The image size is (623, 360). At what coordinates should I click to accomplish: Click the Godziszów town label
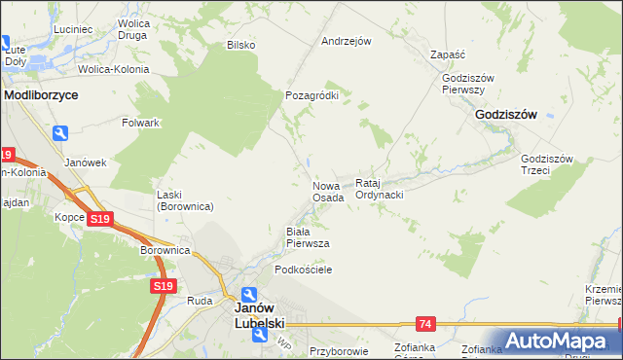(x=506, y=114)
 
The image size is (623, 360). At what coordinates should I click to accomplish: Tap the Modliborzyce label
(x=41, y=96)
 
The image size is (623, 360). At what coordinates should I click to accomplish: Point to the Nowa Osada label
(x=328, y=191)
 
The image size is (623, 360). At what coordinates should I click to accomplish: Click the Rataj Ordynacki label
(x=379, y=189)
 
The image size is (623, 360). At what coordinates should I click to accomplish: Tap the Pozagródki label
(x=311, y=96)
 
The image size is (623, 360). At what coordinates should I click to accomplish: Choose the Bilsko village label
(x=240, y=45)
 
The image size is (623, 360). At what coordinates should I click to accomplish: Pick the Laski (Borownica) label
(x=185, y=200)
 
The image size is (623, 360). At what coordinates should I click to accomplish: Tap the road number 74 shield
(x=424, y=322)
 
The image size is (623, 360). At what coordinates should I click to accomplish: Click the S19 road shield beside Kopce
(x=98, y=220)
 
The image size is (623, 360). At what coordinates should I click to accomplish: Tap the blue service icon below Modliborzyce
(x=61, y=133)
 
